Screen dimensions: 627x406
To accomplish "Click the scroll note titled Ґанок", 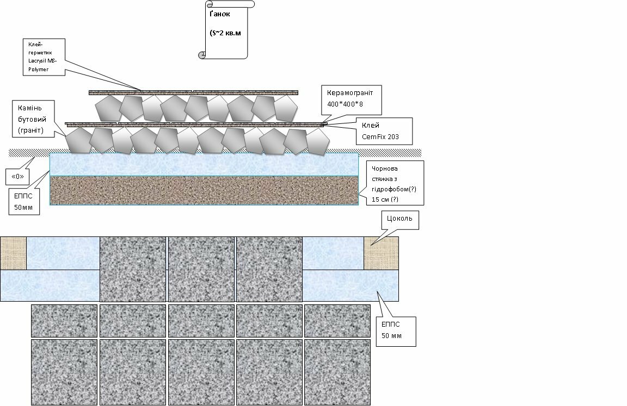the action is [x=226, y=29].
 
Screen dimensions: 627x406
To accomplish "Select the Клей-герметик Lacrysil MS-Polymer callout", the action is [x=44, y=57].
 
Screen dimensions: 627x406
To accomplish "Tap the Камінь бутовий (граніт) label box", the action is [x=33, y=118].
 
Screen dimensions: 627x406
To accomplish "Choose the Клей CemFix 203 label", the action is [x=384, y=131].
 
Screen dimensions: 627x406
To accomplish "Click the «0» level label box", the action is [x=17, y=177].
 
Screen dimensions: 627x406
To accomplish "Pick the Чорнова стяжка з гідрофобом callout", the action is [x=395, y=183].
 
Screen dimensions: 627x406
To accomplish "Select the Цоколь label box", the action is [x=400, y=220].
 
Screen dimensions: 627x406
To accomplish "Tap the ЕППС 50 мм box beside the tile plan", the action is [x=396, y=332].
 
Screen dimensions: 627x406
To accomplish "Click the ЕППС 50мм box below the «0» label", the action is [x=24, y=202].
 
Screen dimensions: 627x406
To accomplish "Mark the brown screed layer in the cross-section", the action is [x=204, y=190].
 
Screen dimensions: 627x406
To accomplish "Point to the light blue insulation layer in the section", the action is [x=204, y=165].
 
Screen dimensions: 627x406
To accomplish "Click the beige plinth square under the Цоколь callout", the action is [x=381, y=253].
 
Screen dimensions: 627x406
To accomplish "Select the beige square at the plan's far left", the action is [x=13, y=253].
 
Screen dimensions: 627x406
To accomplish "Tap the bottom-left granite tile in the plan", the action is [x=64, y=372].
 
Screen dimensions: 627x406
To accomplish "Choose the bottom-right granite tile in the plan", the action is [x=337, y=372].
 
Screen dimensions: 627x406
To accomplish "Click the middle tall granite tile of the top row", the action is [x=201, y=269].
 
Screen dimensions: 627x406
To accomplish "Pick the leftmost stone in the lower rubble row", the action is [x=79, y=140].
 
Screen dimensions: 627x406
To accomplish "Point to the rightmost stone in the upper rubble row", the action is [x=286, y=108].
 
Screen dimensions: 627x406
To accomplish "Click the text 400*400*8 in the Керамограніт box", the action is [x=345, y=104].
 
